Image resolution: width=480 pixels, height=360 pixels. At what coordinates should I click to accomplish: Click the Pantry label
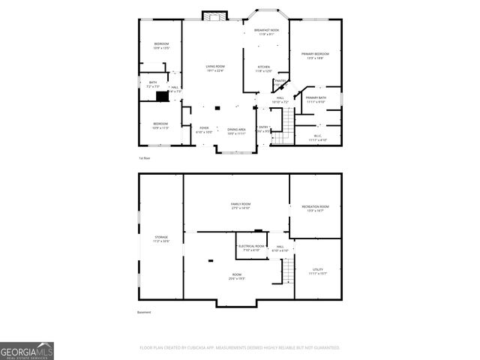pos(280,80)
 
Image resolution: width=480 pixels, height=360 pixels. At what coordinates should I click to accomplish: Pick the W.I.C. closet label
pos(318,137)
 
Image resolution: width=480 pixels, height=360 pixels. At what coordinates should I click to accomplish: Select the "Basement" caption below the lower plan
pos(144,312)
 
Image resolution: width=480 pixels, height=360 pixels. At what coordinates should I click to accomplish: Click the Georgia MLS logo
pos(27,350)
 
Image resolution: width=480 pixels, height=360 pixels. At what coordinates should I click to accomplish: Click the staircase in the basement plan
pos(287,269)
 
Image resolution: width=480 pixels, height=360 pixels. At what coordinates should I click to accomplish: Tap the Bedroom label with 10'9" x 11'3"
pos(160,125)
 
